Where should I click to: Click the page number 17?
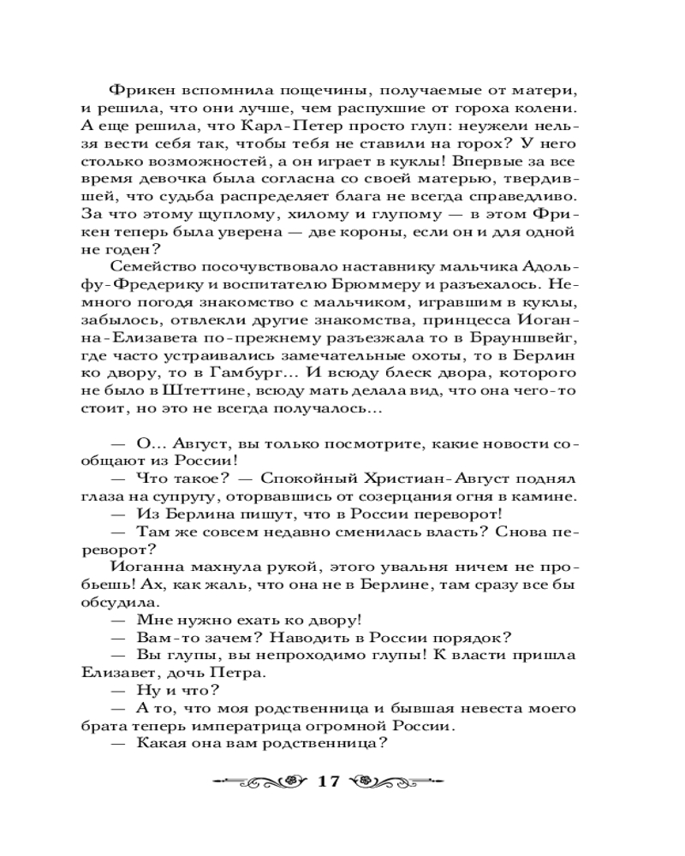[x=330, y=782]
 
